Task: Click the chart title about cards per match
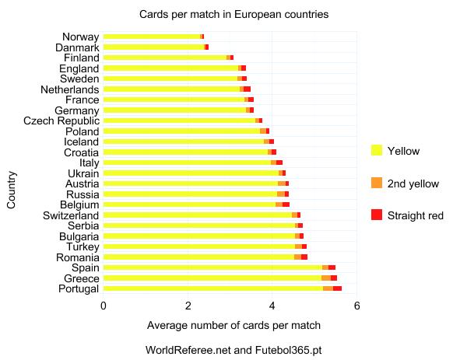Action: point(233,15)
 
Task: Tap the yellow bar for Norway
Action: point(151,37)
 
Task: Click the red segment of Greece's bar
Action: point(334,278)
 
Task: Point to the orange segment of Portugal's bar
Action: point(328,288)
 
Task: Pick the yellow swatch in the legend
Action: point(377,150)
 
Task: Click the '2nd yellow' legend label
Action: point(413,183)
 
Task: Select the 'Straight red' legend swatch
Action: point(377,215)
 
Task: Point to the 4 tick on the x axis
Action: point(272,306)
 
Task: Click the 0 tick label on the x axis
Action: point(104,306)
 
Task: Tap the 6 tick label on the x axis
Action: point(356,306)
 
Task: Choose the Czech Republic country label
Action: point(61,121)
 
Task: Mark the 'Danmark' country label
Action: point(77,47)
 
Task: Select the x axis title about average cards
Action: point(233,324)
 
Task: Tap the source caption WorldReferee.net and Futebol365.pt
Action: point(233,350)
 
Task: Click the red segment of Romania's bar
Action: point(304,257)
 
